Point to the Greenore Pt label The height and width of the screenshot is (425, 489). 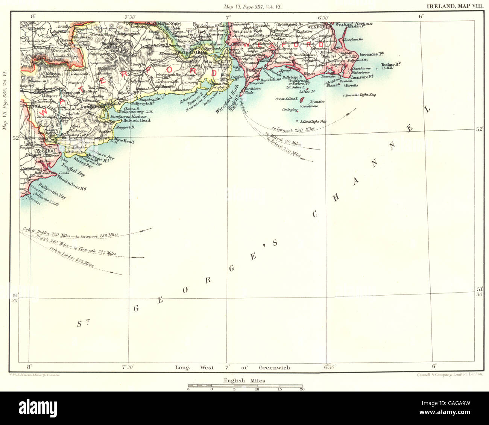click(370, 54)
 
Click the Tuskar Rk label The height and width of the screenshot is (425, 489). click(391, 65)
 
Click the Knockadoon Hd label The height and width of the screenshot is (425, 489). click(72, 184)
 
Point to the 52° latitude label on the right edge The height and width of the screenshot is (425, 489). click(479, 129)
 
